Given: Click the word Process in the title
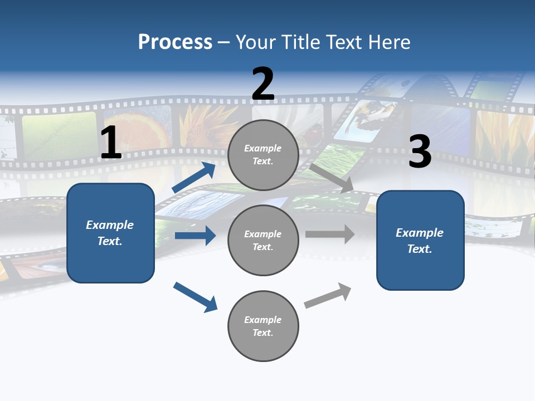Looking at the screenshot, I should click(175, 42).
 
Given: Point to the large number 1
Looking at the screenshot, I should click(111, 143).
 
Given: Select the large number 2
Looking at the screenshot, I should click(263, 84).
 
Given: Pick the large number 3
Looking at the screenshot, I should click(420, 152).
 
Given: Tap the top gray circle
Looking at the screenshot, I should click(263, 155).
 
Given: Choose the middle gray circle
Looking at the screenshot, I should click(263, 240).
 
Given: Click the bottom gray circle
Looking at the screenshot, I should click(263, 326).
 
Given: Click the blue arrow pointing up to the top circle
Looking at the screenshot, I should click(193, 178).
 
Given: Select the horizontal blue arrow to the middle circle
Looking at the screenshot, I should click(195, 236).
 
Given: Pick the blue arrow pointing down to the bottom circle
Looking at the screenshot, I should click(195, 297).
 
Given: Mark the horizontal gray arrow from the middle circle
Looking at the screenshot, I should click(330, 234).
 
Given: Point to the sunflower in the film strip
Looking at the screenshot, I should click(203, 126).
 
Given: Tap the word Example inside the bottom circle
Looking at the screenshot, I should click(263, 320).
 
